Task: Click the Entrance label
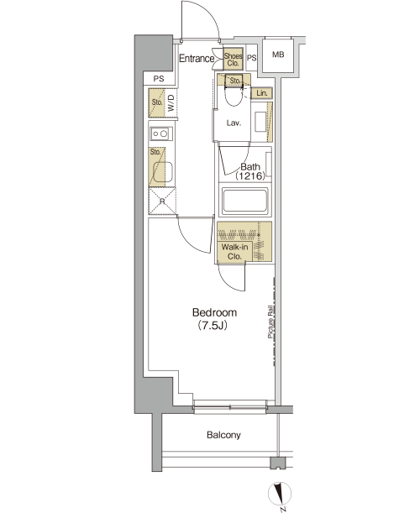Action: [197, 59]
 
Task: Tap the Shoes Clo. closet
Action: [233, 60]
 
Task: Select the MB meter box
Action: [278, 55]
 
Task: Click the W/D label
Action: [171, 102]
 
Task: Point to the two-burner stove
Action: [160, 133]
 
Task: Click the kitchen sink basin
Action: [163, 172]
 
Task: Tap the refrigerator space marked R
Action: [162, 201]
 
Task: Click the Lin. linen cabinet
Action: [262, 93]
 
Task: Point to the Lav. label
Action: [234, 123]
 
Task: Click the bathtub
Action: [245, 200]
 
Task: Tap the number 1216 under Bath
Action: [250, 176]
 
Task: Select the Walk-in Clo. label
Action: [234, 252]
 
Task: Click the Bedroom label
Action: [214, 312]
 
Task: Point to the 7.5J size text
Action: [213, 326]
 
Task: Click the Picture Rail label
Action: [270, 322]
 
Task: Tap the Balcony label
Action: [223, 435]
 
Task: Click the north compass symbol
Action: [280, 494]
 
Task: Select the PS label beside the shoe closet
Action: [251, 58]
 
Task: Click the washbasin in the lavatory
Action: [260, 122]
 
